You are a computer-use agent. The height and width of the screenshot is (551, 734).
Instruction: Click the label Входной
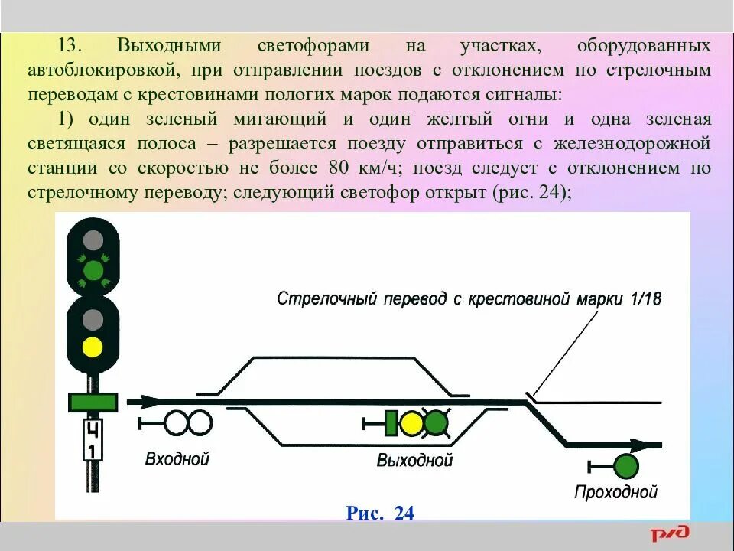point(177,459)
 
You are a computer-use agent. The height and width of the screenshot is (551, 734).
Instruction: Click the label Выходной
point(414,460)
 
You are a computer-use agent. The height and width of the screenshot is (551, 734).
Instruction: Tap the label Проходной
point(615,492)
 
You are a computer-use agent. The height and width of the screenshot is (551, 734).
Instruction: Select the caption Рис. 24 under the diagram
point(380,513)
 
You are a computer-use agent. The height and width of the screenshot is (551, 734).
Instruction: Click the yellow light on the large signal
point(93,347)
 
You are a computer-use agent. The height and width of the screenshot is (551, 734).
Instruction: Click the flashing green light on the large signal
point(93,269)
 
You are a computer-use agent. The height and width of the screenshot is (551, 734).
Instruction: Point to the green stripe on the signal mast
point(93,401)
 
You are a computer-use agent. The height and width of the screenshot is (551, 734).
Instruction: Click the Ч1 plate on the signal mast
point(93,441)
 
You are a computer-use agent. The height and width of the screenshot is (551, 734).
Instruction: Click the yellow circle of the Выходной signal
point(411,423)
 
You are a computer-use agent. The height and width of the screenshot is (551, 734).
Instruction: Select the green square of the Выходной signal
point(391,423)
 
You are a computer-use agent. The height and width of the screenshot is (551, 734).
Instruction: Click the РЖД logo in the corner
point(671,533)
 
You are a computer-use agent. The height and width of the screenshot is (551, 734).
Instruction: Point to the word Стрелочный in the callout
point(318,298)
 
